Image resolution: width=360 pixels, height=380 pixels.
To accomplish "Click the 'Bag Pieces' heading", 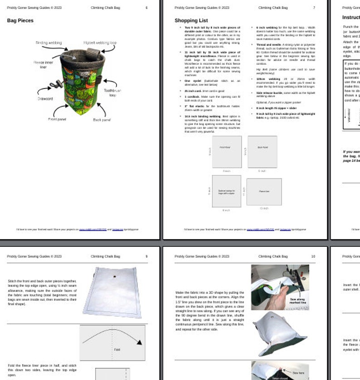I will [x=20, y=20].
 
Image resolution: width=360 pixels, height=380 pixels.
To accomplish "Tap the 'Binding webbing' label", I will [x=49, y=43].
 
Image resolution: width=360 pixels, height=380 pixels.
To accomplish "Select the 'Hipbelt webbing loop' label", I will [x=100, y=43].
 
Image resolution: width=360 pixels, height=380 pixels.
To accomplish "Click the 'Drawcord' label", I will [x=45, y=98].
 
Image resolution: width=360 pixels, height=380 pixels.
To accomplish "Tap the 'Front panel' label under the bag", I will [x=58, y=119].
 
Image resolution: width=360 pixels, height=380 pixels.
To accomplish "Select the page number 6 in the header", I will [x=146, y=8].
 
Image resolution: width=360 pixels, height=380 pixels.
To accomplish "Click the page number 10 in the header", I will [x=313, y=256].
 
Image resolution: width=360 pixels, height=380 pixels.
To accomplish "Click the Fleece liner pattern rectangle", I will [x=264, y=192].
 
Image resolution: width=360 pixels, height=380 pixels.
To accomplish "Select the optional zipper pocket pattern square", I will [x=227, y=192].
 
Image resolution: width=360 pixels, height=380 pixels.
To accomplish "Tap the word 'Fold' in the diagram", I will [x=117, y=350].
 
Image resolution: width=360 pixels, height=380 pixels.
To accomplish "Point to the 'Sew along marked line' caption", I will [x=298, y=300].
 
